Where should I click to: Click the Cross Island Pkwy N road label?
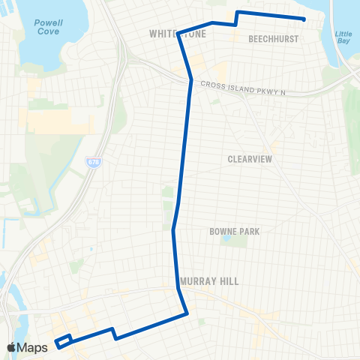[243, 91]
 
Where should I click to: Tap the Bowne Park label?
[234, 232]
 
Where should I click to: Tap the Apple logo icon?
[13, 347]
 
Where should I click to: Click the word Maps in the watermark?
[34, 347]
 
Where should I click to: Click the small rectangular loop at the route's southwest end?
[62, 340]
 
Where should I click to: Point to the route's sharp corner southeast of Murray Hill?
[185, 313]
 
